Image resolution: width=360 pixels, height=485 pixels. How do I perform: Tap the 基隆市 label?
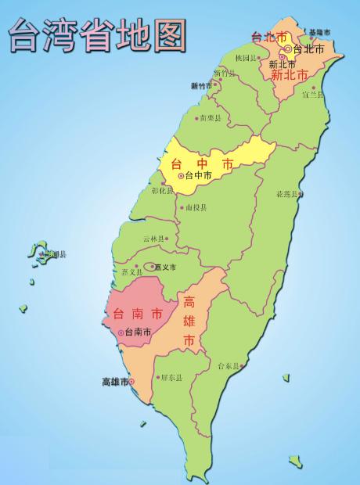[x=319, y=32]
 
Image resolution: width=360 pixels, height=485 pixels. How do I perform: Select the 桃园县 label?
[x=245, y=58]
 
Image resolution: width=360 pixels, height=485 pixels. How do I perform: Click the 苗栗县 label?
[x=211, y=118]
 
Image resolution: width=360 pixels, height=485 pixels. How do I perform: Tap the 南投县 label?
[x=195, y=208]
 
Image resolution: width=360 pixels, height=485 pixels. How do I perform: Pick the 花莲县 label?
[x=286, y=193]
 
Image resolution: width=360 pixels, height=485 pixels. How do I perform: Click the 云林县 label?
[x=153, y=239]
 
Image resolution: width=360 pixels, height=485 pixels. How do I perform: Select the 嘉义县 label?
[x=133, y=271]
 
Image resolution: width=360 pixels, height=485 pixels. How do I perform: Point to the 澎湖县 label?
[x=55, y=254]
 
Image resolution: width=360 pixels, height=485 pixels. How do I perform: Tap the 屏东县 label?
[x=170, y=377]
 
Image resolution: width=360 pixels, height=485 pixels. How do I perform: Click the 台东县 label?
[x=228, y=365]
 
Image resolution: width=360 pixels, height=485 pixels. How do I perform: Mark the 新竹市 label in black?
[x=201, y=85]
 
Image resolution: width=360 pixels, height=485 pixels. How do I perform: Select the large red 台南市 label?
[x=138, y=314]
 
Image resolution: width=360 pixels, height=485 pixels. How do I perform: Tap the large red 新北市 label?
[x=289, y=76]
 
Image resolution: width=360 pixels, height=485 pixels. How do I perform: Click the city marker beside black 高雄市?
[x=131, y=381]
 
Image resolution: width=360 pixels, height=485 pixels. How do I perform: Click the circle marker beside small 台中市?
[x=181, y=176]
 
